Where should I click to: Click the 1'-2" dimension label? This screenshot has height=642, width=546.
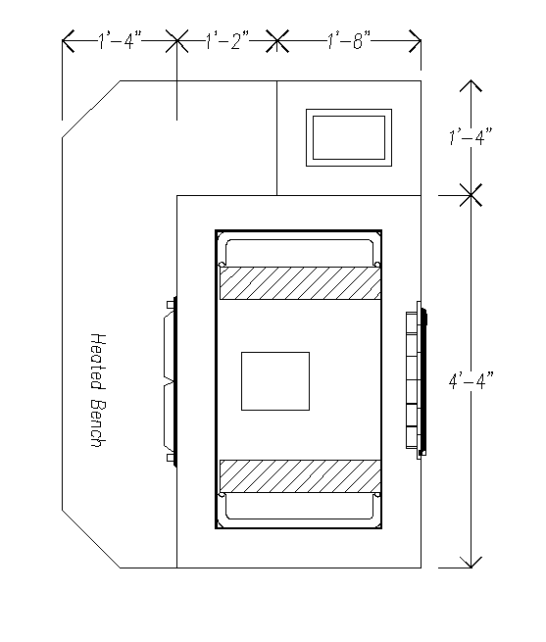pyautogui.click(x=226, y=41)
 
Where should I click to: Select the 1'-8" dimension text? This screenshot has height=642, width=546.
pyautogui.click(x=349, y=41)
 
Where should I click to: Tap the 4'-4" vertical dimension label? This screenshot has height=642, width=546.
pyautogui.click(x=472, y=381)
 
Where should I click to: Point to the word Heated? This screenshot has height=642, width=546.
pyautogui.click(x=98, y=361)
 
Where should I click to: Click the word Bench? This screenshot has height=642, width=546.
pyautogui.click(x=98, y=423)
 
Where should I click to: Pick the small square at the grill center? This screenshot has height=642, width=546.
pyautogui.click(x=275, y=380)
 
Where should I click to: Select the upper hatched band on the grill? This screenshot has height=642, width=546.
pyautogui.click(x=300, y=283)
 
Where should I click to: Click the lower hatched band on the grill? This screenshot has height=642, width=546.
pyautogui.click(x=300, y=476)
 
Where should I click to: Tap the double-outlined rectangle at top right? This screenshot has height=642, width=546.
pyautogui.click(x=349, y=137)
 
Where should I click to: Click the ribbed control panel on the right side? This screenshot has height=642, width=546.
pyautogui.click(x=417, y=380)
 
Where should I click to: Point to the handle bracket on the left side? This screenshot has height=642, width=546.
pyautogui.click(x=171, y=381)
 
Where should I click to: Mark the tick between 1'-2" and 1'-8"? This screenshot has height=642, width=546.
pyautogui.click(x=276, y=41)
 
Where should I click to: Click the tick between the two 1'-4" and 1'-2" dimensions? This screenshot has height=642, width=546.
pyautogui.click(x=177, y=41)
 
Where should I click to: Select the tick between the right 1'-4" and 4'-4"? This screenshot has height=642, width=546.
pyautogui.click(x=471, y=195)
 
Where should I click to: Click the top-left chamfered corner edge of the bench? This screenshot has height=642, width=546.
pyautogui.click(x=91, y=109)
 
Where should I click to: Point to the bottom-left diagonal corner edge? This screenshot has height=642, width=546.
pyautogui.click(x=91, y=539)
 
